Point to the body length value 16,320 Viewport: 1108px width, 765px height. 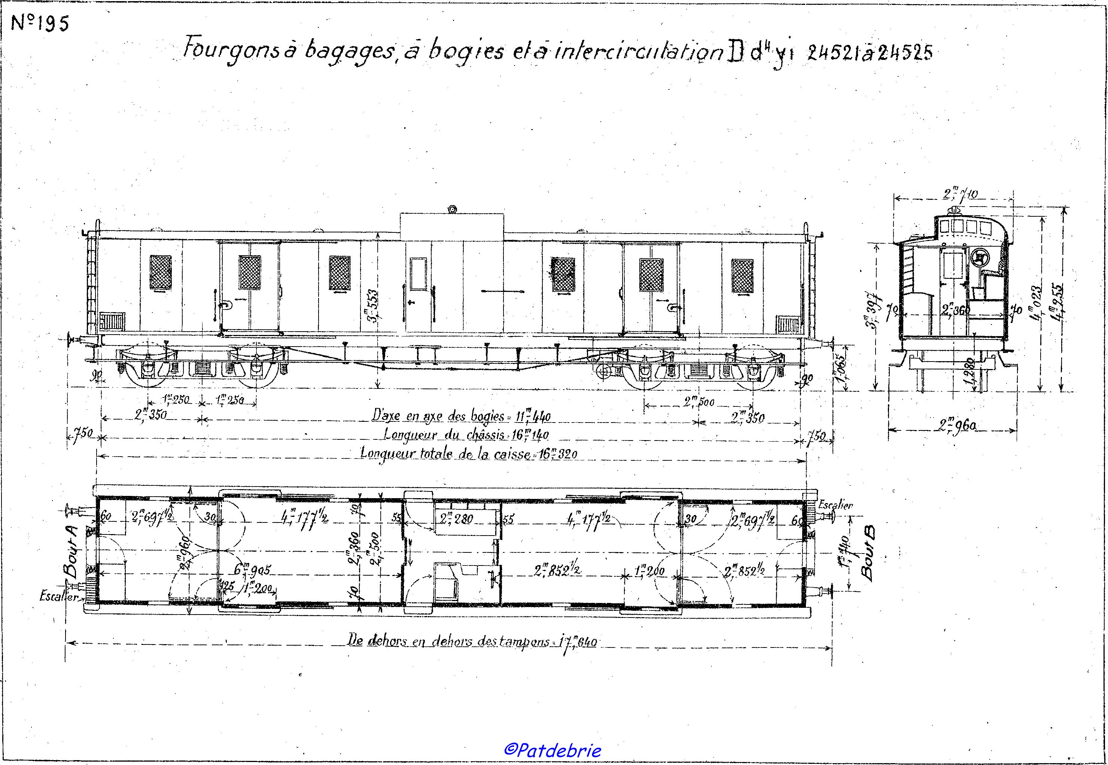pyautogui.click(x=558, y=454)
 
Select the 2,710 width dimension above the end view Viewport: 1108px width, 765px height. pyautogui.click(x=961, y=195)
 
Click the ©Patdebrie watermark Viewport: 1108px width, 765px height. pyautogui.click(x=553, y=750)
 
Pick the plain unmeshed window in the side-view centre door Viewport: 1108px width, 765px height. pyautogui.click(x=418, y=274)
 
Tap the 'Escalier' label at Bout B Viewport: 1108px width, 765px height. pyautogui.click(x=835, y=505)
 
